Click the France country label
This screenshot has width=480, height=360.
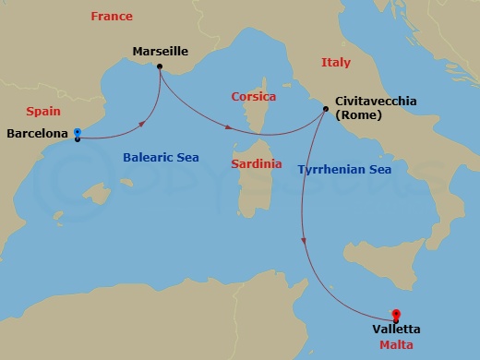[112, 16]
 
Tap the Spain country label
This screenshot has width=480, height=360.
[43, 110]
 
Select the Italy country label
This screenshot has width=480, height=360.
[336, 63]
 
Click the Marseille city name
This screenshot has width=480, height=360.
[160, 52]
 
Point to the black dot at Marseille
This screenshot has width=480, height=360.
[161, 66]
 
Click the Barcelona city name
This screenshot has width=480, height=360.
[36, 134]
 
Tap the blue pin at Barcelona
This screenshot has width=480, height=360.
[78, 132]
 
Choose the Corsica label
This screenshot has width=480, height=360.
[254, 96]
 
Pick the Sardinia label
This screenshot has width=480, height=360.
[257, 163]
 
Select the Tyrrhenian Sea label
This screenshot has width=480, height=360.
[345, 169]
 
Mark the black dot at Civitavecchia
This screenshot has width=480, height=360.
[326, 110]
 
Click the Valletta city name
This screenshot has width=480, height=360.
[397, 329]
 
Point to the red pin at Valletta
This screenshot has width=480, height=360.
[396, 314]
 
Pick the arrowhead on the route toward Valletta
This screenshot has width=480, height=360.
[304, 242]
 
